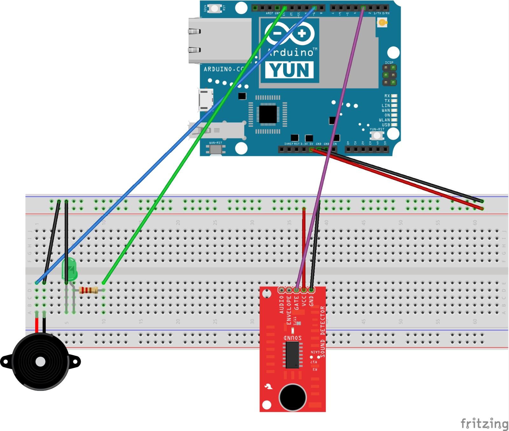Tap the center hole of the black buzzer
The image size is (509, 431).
pyautogui.click(x=40, y=362)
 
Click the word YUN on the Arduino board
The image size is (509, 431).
pyautogui.click(x=289, y=70)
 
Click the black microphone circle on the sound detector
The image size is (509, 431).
pyautogui.click(x=293, y=397)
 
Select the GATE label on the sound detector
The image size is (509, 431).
pyautogui.click(x=296, y=303)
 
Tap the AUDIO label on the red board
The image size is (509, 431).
pyautogui.click(x=282, y=305)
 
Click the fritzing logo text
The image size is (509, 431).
pyautogui.click(x=484, y=424)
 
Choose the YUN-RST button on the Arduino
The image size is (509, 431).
pyautogui.click(x=377, y=136)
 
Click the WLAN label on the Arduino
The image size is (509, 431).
pyautogui.click(x=384, y=120)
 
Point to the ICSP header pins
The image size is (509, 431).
pyautogui.click(x=389, y=75)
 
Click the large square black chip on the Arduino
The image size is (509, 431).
pyautogui.click(x=268, y=114)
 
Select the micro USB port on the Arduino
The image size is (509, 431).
pyautogui.click(x=206, y=100)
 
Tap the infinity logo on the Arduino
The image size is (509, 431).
pyautogui.click(x=289, y=33)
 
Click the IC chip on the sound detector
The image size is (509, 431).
pyautogui.click(x=292, y=355)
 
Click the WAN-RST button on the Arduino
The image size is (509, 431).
pyautogui.click(x=216, y=149)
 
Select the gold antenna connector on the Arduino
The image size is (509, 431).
pyautogui.click(x=381, y=22)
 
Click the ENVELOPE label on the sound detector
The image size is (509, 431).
pyautogui.click(x=289, y=310)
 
